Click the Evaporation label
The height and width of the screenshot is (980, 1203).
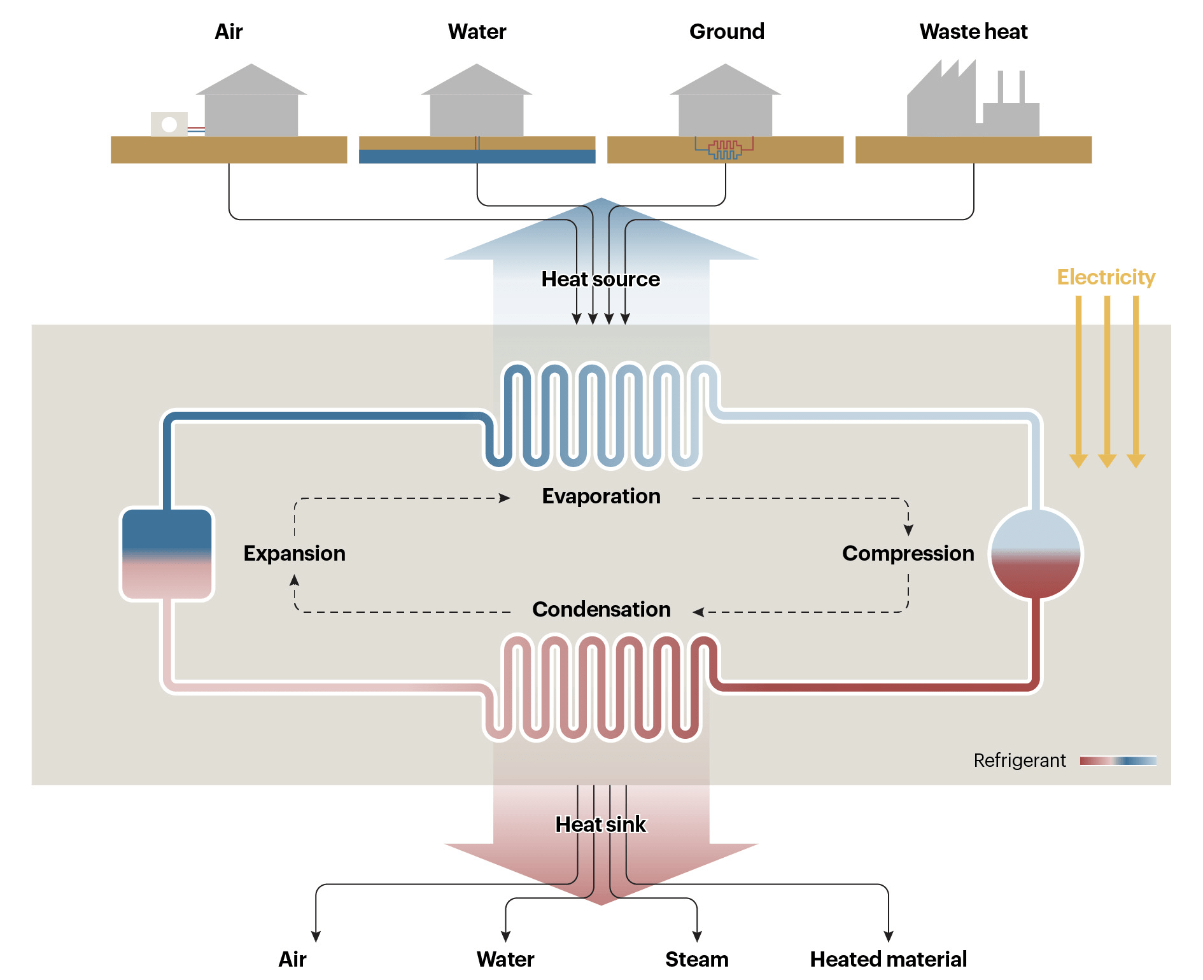(x=601, y=496)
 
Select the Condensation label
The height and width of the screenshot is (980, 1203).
(x=601, y=610)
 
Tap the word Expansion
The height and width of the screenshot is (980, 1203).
(x=294, y=554)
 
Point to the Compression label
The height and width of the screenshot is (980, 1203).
(x=908, y=554)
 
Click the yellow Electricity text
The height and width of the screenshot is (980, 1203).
(x=1106, y=277)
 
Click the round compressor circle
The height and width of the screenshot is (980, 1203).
(x=1036, y=554)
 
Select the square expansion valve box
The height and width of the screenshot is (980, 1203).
(x=167, y=554)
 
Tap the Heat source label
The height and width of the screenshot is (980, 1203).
(x=600, y=279)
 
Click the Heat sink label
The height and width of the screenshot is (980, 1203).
(x=600, y=825)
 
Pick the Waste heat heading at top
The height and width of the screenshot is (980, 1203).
(x=973, y=32)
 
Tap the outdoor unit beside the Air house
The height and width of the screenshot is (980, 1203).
(x=169, y=124)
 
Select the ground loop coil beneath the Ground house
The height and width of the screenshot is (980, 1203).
(x=725, y=150)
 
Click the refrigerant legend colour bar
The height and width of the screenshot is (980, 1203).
(x=1118, y=761)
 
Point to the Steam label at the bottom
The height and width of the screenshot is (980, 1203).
(x=697, y=959)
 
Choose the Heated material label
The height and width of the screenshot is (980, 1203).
(x=888, y=959)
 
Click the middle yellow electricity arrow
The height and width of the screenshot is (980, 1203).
(x=1108, y=382)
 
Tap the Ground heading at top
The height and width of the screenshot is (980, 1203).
(x=726, y=32)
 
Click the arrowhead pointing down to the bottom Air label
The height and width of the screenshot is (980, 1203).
(x=316, y=936)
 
